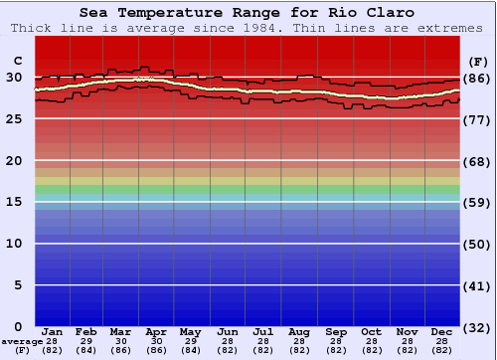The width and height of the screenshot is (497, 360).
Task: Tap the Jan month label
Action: (53, 331)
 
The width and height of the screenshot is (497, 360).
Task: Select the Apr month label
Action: (156, 331)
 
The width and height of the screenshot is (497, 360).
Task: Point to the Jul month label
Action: (263, 331)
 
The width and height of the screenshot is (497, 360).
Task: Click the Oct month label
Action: (371, 331)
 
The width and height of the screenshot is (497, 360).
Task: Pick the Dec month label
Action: (442, 331)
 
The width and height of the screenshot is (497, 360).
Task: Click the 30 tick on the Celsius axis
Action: (14, 77)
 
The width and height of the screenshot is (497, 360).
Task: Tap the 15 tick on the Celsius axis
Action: (14, 202)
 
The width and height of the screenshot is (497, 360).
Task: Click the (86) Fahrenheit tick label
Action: (477, 78)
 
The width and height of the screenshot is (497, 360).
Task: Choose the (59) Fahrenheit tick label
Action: (477, 203)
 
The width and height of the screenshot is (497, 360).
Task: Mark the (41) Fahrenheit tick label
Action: (477, 286)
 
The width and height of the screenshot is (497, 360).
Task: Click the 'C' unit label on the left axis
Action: (17, 60)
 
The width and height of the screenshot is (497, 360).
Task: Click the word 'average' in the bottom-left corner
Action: (22, 341)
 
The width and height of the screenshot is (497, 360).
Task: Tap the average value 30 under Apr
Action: (156, 341)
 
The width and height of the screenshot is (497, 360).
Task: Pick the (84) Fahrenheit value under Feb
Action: (86, 351)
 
